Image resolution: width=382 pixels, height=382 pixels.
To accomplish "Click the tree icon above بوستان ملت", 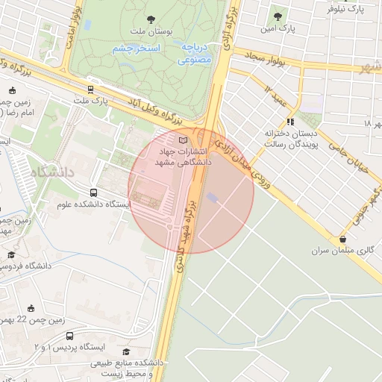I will coord(152,19).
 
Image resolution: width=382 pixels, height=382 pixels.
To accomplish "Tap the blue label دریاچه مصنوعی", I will coord(195,53).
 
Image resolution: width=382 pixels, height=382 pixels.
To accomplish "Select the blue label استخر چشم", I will coord(137,48).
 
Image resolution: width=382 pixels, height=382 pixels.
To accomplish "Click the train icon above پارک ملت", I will coord(90,89).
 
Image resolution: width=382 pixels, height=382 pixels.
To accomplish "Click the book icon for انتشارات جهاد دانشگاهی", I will coord(184,140).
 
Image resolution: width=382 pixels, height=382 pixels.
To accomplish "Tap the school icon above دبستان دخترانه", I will coord(290,122).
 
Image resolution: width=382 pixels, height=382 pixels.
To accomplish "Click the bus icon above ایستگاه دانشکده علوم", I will coord(94,192).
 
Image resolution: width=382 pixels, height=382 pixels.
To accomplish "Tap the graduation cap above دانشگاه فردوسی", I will coord(11,254).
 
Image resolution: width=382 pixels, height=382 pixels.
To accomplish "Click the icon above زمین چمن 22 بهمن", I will coord(31,308).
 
